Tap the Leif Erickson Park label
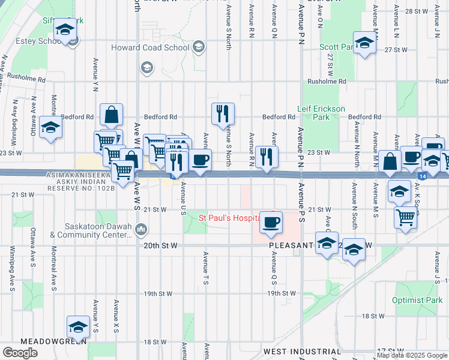click(x=321, y=113)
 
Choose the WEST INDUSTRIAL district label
click(x=302, y=351)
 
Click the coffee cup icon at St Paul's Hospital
click(x=270, y=222)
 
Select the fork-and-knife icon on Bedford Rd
click(x=223, y=112)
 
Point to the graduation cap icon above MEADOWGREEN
click(x=78, y=326)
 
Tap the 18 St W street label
click(x=373, y=316)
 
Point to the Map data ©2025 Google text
click(x=412, y=355)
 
